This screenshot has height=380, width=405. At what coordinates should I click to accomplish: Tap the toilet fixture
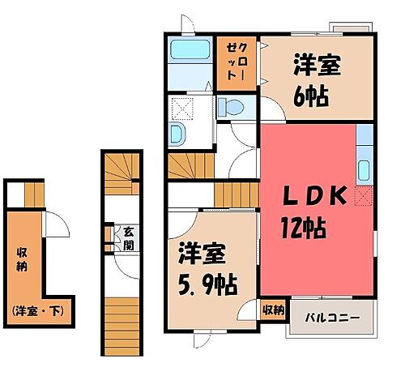[232, 107]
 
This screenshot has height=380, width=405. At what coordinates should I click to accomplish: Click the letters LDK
[314, 196]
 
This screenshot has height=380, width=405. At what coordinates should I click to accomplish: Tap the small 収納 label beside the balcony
[273, 310]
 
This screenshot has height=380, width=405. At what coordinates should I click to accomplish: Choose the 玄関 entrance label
[129, 237]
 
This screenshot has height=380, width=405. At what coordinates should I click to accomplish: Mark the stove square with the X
[363, 196]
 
